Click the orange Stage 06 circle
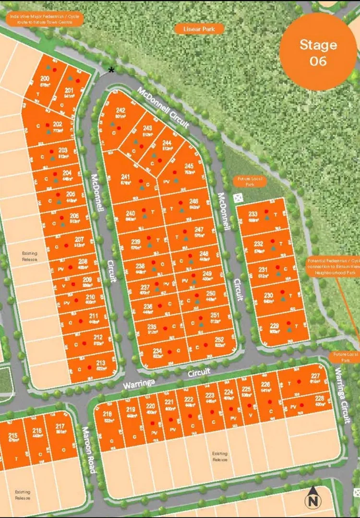[x=318, y=52]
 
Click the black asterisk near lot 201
[x=111, y=70]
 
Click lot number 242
[x=120, y=110]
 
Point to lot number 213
[x=101, y=363]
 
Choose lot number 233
[x=253, y=214]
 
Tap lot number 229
[x=274, y=326]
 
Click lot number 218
[x=107, y=414]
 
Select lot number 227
[x=315, y=376]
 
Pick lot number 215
[x=13, y=436]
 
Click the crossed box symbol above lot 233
[x=237, y=198]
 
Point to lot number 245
[x=189, y=165]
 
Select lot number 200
[x=45, y=78]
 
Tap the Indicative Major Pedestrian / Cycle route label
[x=46, y=19]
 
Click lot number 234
[x=157, y=351]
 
